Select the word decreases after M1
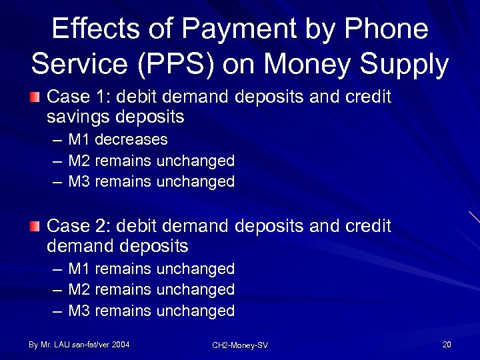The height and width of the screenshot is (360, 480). click(x=131, y=140)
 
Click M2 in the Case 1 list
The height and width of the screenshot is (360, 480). click(x=79, y=161)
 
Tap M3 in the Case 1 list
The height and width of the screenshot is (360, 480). click(x=79, y=181)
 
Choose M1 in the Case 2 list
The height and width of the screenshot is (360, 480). click(x=79, y=269)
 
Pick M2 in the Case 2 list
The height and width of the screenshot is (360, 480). click(x=79, y=289)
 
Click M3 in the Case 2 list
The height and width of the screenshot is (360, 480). click(x=79, y=311)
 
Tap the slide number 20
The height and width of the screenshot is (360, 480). click(x=447, y=345)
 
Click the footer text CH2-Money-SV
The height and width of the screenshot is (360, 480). click(x=239, y=345)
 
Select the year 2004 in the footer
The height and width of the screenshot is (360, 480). click(x=121, y=345)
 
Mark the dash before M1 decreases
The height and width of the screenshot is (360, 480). click(x=57, y=141)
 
